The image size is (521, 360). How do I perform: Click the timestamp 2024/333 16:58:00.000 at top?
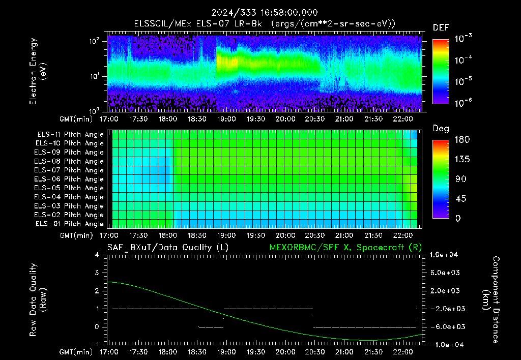(265, 13)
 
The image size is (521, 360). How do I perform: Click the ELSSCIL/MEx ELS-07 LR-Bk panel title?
(198, 24)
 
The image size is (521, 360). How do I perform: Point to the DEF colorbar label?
(441, 27)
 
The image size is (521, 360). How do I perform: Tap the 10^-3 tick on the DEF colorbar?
(463, 39)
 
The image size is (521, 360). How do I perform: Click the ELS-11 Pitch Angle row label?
(70, 135)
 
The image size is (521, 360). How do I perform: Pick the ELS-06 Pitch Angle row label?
(69, 179)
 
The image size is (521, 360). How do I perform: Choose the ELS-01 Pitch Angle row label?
(70, 224)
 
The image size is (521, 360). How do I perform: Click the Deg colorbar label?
(441, 129)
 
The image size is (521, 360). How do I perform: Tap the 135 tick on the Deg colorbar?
(462, 159)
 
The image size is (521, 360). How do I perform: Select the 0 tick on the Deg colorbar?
(458, 218)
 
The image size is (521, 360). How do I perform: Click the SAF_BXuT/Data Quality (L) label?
(168, 248)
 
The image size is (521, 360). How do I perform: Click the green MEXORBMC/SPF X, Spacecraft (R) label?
(345, 248)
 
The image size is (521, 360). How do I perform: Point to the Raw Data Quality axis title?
(38, 300)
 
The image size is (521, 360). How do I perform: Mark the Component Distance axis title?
(491, 300)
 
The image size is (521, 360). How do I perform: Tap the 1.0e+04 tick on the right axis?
(444, 255)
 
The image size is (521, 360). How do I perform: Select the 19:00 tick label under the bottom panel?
(226, 352)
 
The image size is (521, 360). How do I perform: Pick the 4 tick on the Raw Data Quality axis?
(97, 255)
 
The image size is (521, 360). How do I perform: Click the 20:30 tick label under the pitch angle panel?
(314, 235)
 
